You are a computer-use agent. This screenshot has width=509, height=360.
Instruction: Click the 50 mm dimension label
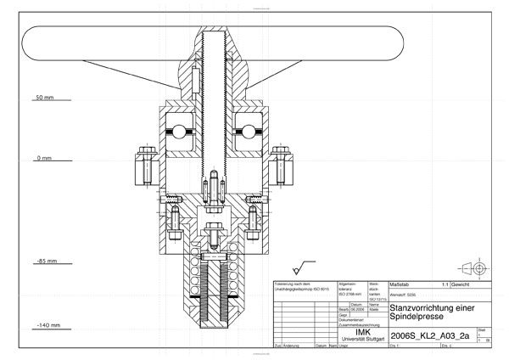click(43, 98)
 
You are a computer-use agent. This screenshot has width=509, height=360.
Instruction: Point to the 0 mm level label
click(43, 159)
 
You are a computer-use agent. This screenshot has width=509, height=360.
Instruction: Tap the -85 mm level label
click(43, 262)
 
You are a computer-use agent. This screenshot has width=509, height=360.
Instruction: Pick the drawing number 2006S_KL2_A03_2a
click(428, 336)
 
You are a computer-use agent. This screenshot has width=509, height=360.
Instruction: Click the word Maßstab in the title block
click(400, 284)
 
